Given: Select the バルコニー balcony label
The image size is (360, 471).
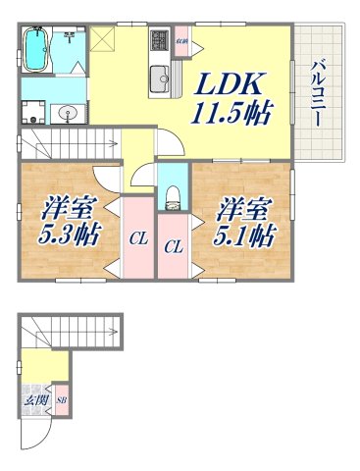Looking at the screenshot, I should (x=319, y=93).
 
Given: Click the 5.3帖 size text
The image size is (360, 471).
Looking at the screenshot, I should (x=70, y=235).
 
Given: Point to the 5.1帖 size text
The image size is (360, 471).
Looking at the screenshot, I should (x=245, y=235).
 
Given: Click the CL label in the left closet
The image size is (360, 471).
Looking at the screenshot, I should (x=137, y=236).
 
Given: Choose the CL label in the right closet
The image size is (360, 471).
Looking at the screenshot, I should (x=173, y=247).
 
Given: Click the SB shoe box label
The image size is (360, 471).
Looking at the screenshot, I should (x=61, y=400).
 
